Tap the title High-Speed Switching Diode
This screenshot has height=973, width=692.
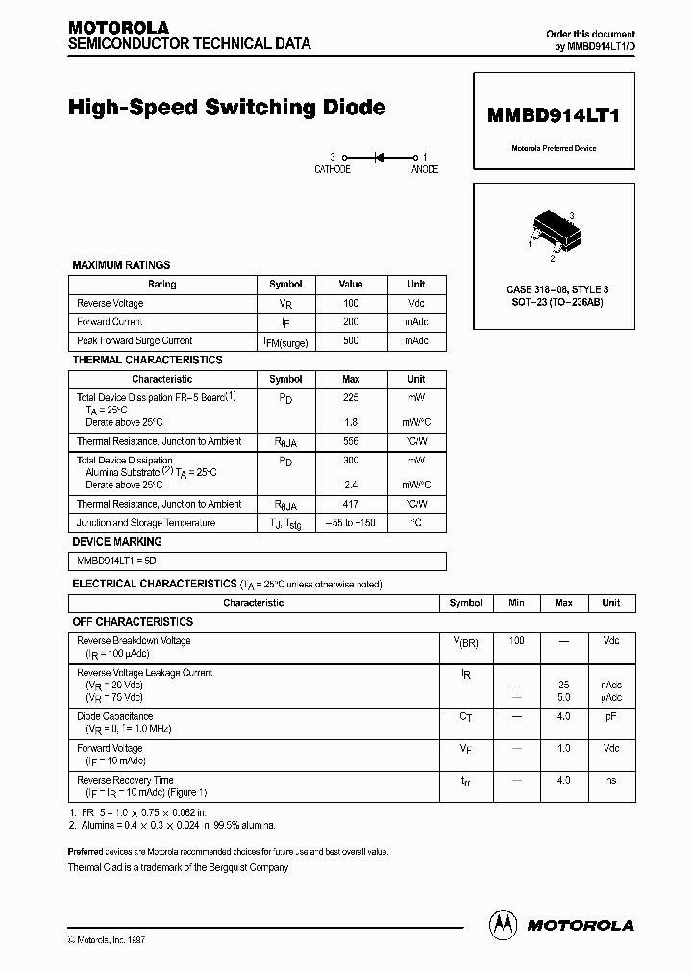[227, 108]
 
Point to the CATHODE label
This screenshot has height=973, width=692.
[333, 169]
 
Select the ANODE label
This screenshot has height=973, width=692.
[424, 169]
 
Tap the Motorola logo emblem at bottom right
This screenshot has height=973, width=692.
[504, 924]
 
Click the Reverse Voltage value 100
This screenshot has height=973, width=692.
[351, 303]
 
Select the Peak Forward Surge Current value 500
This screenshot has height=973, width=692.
[351, 340]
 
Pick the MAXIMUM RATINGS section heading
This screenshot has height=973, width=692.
[121, 264]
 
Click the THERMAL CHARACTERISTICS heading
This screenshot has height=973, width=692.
[147, 360]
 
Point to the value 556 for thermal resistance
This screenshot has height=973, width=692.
[351, 441]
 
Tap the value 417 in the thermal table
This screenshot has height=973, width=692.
[351, 504]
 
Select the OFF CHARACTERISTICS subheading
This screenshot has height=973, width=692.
[133, 622]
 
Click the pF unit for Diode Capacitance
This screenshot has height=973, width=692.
[610, 716]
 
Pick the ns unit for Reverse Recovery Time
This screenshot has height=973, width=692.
[610, 781]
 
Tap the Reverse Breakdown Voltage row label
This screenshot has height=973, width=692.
[134, 640]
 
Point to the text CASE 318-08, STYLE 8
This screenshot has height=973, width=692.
[557, 288]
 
